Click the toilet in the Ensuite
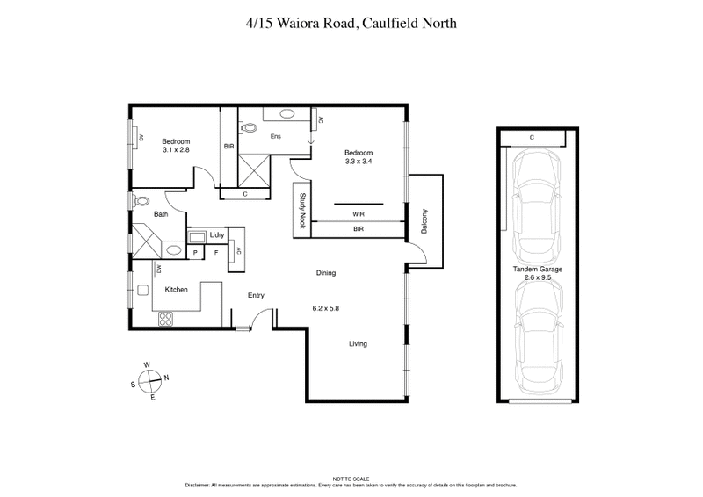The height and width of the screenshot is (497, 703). [251, 126]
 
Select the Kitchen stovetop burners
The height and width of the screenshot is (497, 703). [164, 319]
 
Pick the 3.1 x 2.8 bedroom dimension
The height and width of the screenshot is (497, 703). [176, 150]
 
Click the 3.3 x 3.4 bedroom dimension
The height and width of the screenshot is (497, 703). [364, 162]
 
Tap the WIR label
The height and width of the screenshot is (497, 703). [358, 213]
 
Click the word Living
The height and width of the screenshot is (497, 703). [358, 343]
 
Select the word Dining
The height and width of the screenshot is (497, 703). [326, 273]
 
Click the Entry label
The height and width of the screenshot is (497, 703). [256, 295]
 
